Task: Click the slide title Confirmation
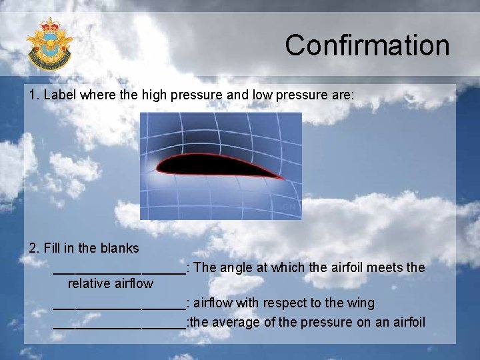pos(367,45)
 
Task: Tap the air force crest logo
pos(49,44)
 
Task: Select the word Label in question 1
pos(59,95)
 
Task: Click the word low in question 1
pos(262,95)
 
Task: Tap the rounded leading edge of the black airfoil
pos(159,164)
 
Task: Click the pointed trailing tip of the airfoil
pos(283,178)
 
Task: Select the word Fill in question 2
pos(53,248)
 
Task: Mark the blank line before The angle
pos(119,271)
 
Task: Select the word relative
pos(89,284)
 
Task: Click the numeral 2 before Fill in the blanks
pos(33,248)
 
